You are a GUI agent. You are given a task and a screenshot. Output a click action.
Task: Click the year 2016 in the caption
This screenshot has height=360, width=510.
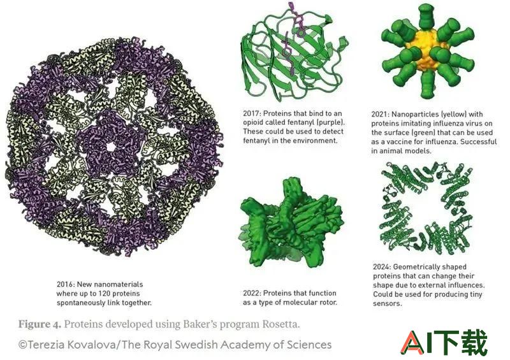[65, 284]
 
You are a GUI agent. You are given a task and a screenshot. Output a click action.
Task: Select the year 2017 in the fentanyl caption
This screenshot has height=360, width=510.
[251, 113]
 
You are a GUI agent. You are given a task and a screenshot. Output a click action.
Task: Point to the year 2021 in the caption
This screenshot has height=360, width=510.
[380, 114]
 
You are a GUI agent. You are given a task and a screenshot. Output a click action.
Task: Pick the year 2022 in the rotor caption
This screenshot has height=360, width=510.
[252, 293]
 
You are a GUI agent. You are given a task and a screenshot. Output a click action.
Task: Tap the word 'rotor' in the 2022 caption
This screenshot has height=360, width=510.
[327, 302]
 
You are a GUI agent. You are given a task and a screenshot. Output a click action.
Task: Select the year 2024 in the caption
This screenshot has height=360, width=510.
[382, 267]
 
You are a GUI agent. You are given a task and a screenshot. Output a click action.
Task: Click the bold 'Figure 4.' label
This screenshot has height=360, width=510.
[40, 324]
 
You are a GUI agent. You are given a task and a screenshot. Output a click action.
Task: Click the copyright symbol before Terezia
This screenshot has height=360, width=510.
[22, 345]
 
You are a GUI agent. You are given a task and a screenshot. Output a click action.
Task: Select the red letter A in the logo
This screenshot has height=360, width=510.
[412, 342]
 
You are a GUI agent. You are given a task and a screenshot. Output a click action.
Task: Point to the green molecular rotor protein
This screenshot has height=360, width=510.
[291, 223]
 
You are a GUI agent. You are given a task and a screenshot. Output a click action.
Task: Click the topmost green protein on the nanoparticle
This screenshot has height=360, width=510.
[425, 16]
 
